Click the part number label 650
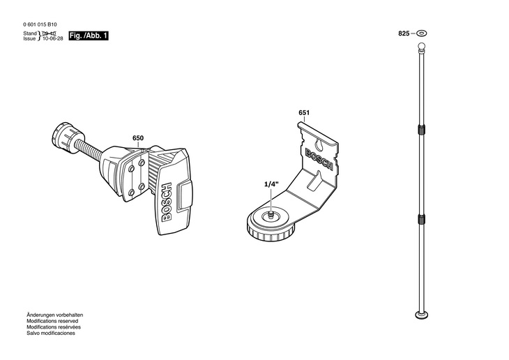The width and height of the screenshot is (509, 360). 138,138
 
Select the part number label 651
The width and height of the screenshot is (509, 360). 304,112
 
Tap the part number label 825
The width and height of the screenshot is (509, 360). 404,33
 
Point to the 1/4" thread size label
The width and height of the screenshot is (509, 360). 271,183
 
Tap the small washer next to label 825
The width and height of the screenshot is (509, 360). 421,33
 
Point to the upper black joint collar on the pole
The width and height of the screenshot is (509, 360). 420,130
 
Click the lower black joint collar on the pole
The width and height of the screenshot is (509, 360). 420,219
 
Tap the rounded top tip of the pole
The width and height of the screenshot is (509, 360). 420,47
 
